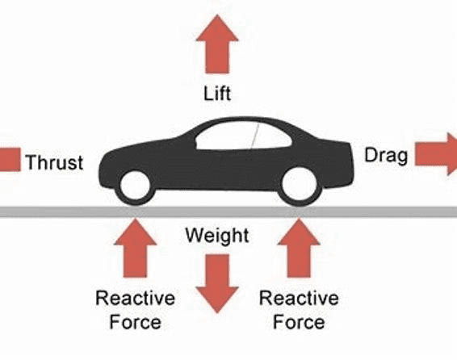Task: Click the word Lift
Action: tap(217, 93)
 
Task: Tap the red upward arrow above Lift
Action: tap(217, 44)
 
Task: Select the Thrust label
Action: tap(55, 162)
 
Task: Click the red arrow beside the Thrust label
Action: tap(10, 159)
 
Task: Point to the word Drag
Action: tap(386, 156)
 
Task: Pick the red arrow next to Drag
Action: tap(436, 154)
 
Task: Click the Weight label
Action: tap(217, 236)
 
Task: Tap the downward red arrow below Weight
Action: tap(217, 283)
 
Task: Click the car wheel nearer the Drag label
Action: tap(300, 185)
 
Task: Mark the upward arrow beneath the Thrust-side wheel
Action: tap(135, 248)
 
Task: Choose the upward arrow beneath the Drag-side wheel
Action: tap(299, 248)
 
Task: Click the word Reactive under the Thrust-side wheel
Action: tap(135, 298)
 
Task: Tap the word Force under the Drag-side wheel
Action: tap(299, 322)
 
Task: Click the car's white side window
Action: tap(243, 136)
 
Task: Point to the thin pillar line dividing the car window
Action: tap(255, 136)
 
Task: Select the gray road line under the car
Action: tap(228, 211)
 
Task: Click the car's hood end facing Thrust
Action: tap(103, 172)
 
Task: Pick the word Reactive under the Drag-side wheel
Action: tap(299, 298)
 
